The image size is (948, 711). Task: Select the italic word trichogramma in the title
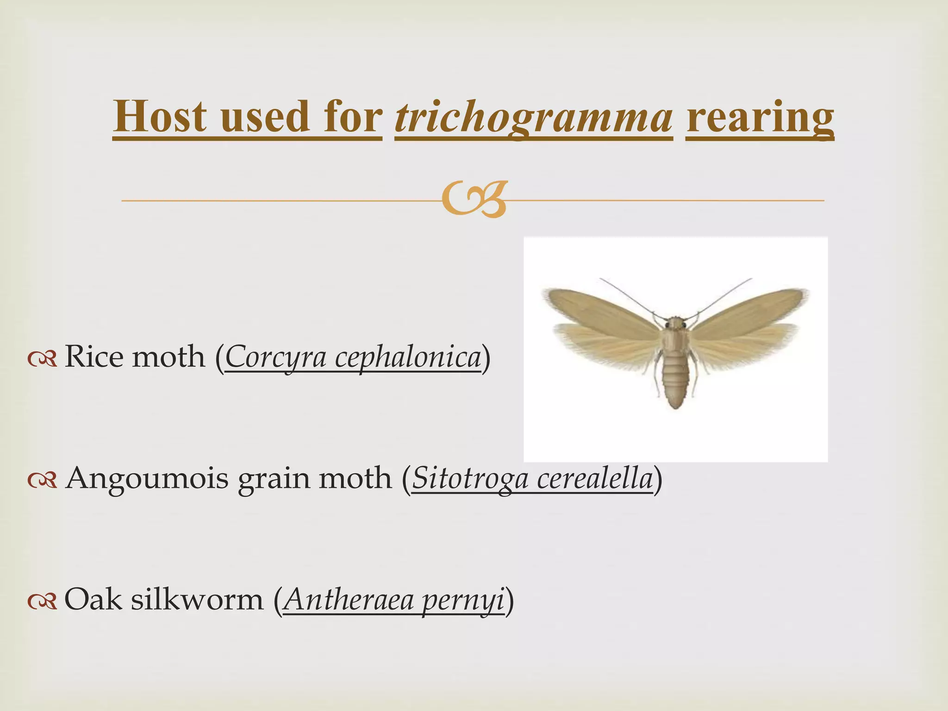[533, 117]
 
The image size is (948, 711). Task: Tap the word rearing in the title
[760, 117]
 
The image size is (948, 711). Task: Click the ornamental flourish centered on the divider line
[474, 200]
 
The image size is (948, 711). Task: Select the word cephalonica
[408, 357]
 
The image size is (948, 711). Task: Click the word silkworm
[197, 599]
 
